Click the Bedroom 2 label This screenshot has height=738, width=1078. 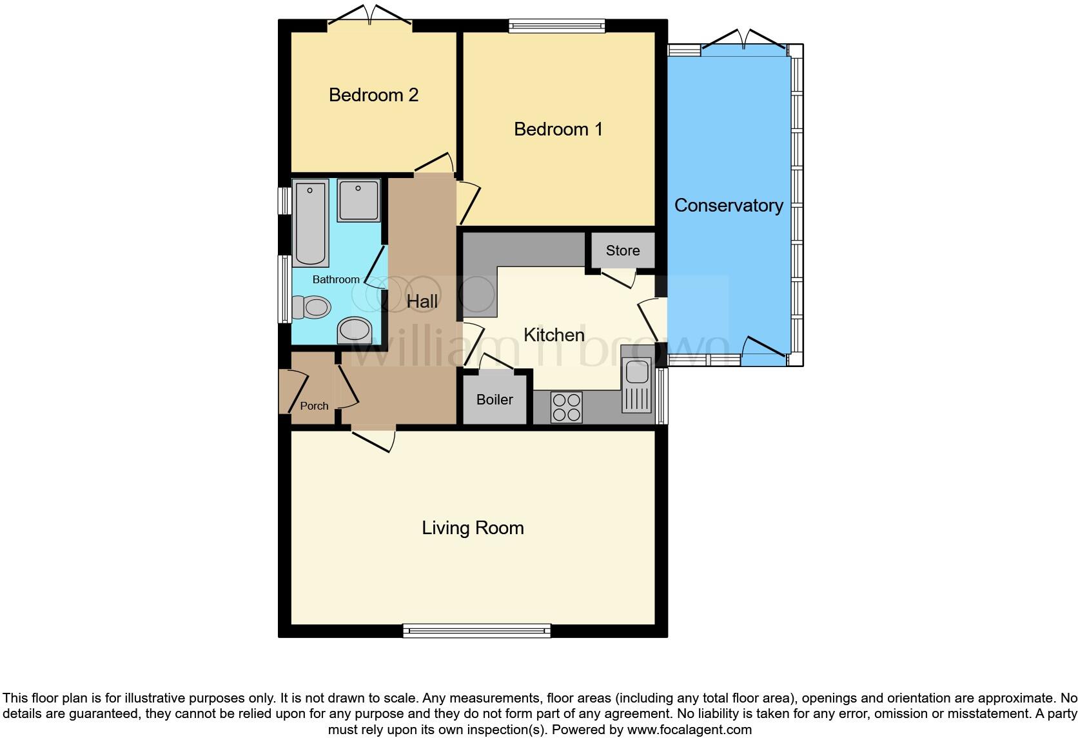pyautogui.click(x=373, y=95)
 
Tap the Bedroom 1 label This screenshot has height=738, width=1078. pyautogui.click(x=558, y=129)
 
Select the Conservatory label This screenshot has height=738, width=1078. pyautogui.click(x=729, y=205)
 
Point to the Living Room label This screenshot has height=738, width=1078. pyautogui.click(x=473, y=528)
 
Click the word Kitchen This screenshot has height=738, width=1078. pyautogui.click(x=554, y=335)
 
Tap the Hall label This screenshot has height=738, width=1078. pyautogui.click(x=422, y=301)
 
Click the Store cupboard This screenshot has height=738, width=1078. pyautogui.click(x=622, y=250)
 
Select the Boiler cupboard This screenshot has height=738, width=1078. pyautogui.click(x=495, y=399)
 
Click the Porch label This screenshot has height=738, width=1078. pyautogui.click(x=314, y=406)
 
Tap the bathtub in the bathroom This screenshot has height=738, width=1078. pyautogui.click(x=310, y=223)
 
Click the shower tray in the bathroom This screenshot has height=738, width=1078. pyautogui.click(x=358, y=201)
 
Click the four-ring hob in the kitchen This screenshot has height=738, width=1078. pyautogui.click(x=567, y=407)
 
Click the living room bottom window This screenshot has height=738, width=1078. pyautogui.click(x=476, y=630)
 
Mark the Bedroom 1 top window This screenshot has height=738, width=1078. pyautogui.click(x=556, y=26)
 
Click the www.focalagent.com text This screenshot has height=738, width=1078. pyautogui.click(x=689, y=730)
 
